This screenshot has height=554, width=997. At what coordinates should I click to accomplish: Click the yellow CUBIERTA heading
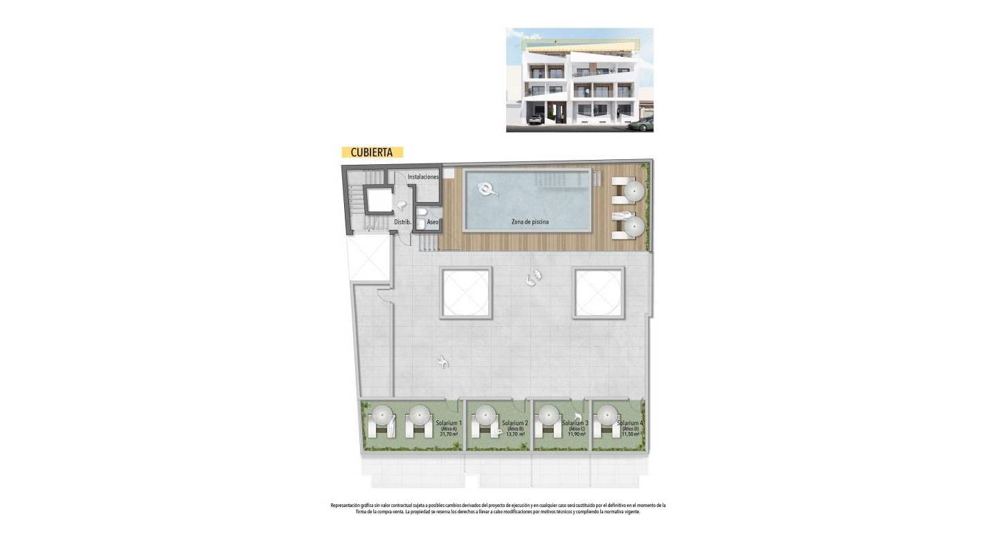pos(372,152)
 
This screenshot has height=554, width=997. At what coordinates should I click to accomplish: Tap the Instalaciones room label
pos(423,177)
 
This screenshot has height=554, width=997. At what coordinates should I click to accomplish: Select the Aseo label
pos(433,222)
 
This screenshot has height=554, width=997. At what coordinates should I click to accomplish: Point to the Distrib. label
pos(403,222)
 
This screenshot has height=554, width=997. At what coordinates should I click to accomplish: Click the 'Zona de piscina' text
pos(530,222)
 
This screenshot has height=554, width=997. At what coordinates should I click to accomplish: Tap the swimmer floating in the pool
pos(487,188)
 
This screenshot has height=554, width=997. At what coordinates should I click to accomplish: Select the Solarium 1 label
pos(449,422)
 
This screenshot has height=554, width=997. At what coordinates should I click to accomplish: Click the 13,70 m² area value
pos(516,435)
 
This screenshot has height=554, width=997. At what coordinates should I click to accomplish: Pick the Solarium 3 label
pos(575,423)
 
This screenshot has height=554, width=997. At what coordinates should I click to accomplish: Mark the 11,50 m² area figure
pos(631,435)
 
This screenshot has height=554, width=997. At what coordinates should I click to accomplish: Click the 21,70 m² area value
pos(449,435)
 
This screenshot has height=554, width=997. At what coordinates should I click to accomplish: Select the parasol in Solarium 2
pos(483,416)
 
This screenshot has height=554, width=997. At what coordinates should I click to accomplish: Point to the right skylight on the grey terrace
pos(599,293)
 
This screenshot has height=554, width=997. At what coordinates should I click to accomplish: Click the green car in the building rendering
pos(642,125)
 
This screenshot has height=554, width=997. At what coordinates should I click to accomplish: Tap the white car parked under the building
pos(535,120)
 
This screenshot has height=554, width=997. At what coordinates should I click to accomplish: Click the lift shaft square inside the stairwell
pos(379,200)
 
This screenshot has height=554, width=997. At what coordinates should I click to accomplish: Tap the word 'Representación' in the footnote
pos(346,506)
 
